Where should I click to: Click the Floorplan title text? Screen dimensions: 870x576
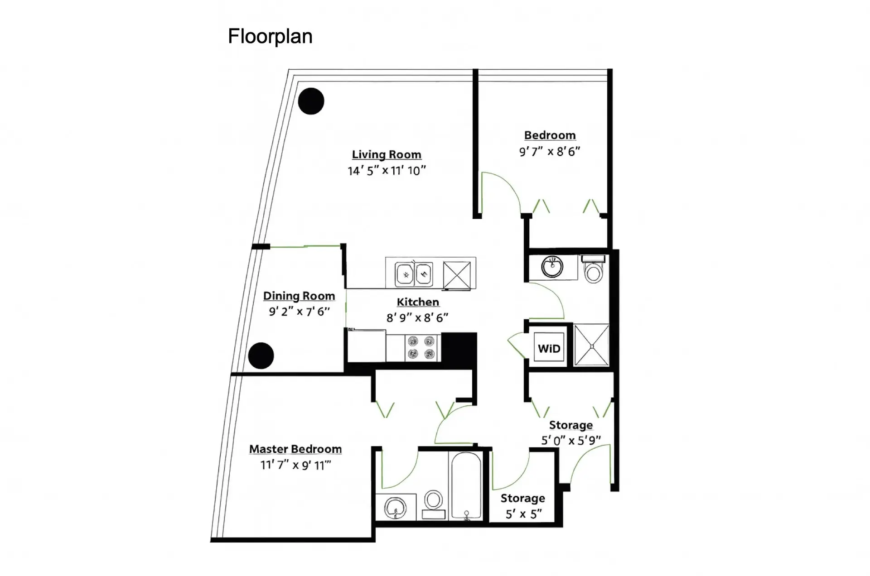click(270, 37)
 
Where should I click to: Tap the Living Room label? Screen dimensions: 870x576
click(387, 154)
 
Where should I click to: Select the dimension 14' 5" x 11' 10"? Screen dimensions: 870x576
click(387, 170)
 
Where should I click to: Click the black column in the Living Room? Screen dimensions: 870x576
click(311, 101)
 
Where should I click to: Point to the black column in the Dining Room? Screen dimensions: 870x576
click(261, 355)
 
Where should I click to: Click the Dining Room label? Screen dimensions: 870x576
click(299, 296)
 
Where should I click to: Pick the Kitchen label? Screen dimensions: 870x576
click(418, 302)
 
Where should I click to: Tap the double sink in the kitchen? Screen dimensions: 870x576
click(414, 274)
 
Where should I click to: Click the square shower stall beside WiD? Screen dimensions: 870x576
click(592, 345)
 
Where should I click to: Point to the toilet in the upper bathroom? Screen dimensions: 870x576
click(593, 269)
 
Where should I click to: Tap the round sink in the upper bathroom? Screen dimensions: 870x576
click(552, 267)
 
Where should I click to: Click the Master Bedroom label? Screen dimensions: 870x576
click(295, 449)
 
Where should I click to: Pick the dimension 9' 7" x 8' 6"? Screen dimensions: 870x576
click(550, 151)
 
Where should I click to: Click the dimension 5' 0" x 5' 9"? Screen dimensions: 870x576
click(571, 440)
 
